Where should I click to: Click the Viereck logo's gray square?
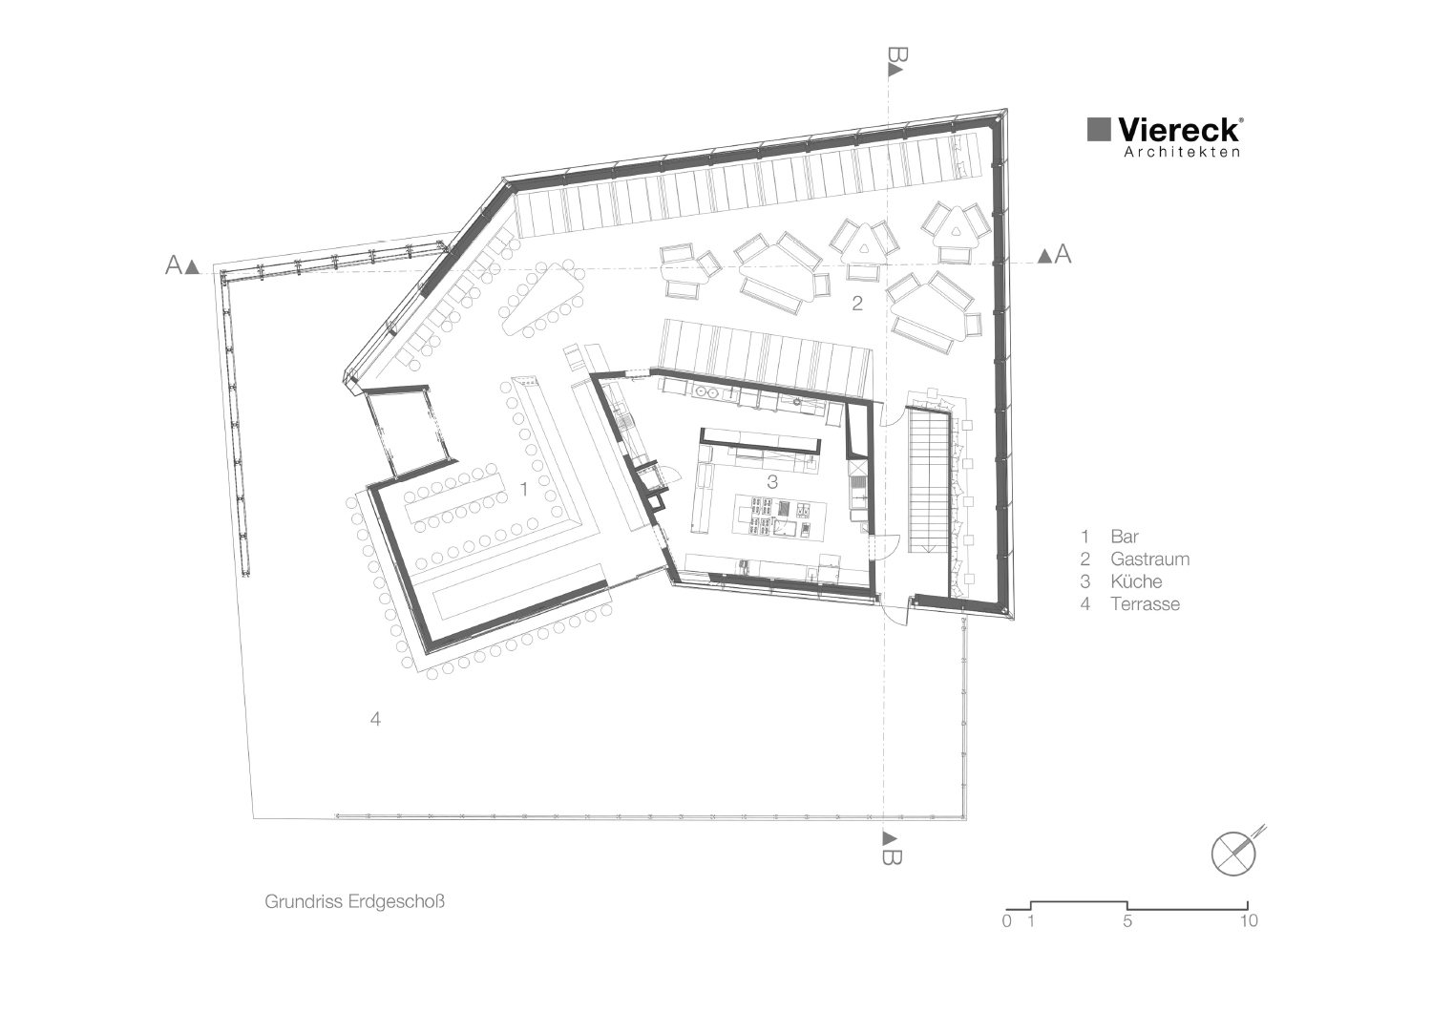[1100, 130]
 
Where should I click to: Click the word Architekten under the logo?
[1182, 152]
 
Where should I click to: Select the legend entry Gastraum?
[1149, 559]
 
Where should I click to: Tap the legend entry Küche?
[1136, 581]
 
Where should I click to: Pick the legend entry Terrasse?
[1145, 603]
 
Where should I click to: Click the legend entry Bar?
[1125, 537]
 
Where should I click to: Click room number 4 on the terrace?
[375, 719]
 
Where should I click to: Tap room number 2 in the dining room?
[857, 304]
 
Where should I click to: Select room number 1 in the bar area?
[523, 489]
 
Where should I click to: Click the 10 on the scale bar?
[1248, 921]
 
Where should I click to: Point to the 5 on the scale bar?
[1127, 921]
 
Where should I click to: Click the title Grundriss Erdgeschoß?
[355, 901]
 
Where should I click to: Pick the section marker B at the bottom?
[889, 849]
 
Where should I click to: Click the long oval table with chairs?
[540, 300]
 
